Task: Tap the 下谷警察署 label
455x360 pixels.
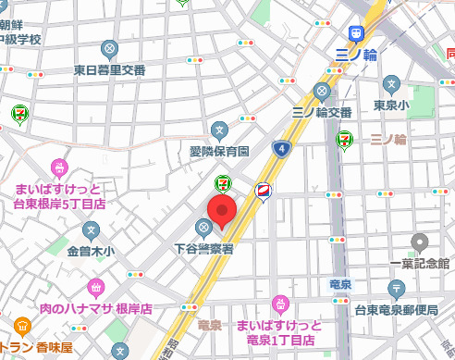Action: (x=203, y=248)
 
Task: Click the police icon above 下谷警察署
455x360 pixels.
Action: (x=203, y=228)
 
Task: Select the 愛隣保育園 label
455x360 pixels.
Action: (x=220, y=150)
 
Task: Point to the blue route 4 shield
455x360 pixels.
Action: (x=280, y=148)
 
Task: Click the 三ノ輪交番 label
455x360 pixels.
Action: (x=321, y=112)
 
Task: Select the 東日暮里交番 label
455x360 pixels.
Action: (x=110, y=69)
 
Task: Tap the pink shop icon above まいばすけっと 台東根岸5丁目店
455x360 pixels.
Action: (x=59, y=168)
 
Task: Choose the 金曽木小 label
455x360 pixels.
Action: (x=90, y=251)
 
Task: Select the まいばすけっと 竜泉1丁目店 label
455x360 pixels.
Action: (x=278, y=333)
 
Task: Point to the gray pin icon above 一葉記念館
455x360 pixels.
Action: (x=420, y=243)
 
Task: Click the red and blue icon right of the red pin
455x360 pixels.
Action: (x=264, y=192)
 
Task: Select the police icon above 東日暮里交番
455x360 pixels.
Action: (x=110, y=49)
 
